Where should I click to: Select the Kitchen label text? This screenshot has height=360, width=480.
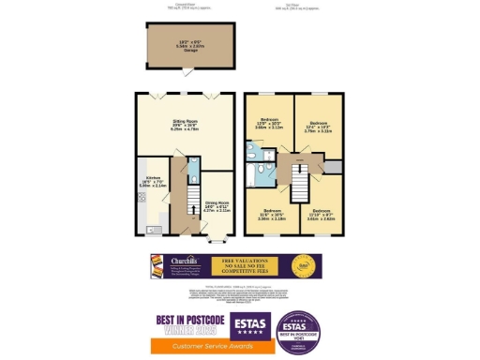pyautogui.click(x=152, y=182)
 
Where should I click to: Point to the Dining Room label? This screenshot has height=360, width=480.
pyautogui.click(x=217, y=206)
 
